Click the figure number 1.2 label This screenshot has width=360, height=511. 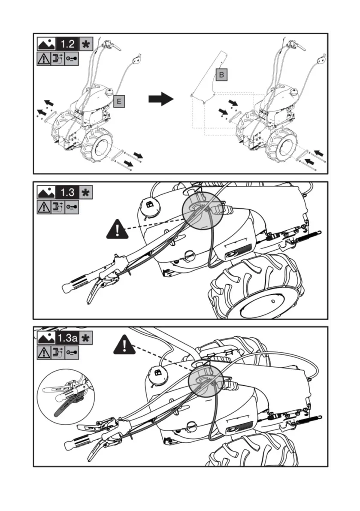pyautogui.click(x=68, y=44)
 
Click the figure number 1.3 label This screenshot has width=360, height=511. pyautogui.click(x=68, y=192)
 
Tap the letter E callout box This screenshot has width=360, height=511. pyautogui.click(x=119, y=101)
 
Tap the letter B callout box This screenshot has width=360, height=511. pyautogui.click(x=221, y=75)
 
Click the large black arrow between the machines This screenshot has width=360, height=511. pyautogui.click(x=160, y=100)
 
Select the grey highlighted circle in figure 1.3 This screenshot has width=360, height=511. pyautogui.click(x=204, y=212)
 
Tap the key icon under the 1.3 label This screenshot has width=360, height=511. pyautogui.click(x=72, y=206)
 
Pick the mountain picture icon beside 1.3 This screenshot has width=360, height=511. pyautogui.click(x=46, y=192)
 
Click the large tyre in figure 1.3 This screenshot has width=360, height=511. pyautogui.click(x=257, y=287)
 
